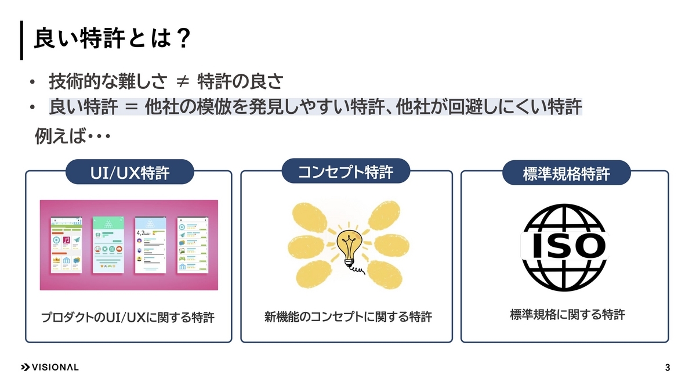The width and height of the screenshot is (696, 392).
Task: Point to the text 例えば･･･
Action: [73, 137]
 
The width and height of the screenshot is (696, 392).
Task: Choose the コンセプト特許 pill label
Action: [345, 171]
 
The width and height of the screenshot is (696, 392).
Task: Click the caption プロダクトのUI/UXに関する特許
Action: [128, 318]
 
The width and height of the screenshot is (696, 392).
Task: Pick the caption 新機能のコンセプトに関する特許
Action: [348, 318]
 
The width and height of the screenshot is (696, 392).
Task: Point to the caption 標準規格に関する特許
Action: [567, 315]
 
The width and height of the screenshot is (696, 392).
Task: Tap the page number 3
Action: [668, 368]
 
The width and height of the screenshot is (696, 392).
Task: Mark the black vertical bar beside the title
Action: [21, 40]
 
